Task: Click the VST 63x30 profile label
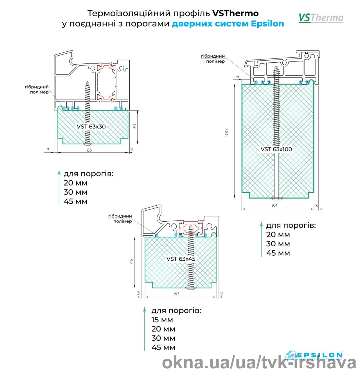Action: pyautogui.click(x=91, y=126)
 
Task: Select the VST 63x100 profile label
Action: pyautogui.click(x=276, y=149)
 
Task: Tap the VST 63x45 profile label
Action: pyautogui.click(x=181, y=259)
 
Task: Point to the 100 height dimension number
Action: pyautogui.click(x=227, y=133)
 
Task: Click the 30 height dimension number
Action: pyautogui.click(x=135, y=127)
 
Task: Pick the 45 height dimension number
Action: pyautogui.click(x=131, y=261)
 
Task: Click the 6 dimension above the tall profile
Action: pyautogui.click(x=238, y=76)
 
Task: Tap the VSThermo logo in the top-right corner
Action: pyautogui.click(x=321, y=18)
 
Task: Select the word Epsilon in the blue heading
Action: pyautogui.click(x=267, y=24)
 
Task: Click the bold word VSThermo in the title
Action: pyautogui.click(x=235, y=13)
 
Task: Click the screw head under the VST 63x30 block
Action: pyautogui.click(x=87, y=144)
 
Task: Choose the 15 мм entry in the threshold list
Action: pyautogui.click(x=162, y=320)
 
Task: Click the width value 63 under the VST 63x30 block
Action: pyautogui.click(x=89, y=150)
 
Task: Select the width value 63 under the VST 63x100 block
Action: pyautogui.click(x=274, y=206)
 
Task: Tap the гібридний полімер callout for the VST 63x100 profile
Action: pyautogui.click(x=213, y=59)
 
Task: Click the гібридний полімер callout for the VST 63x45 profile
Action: pyautogui.click(x=120, y=219)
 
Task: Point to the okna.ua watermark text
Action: pyautogui.click(x=259, y=363)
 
